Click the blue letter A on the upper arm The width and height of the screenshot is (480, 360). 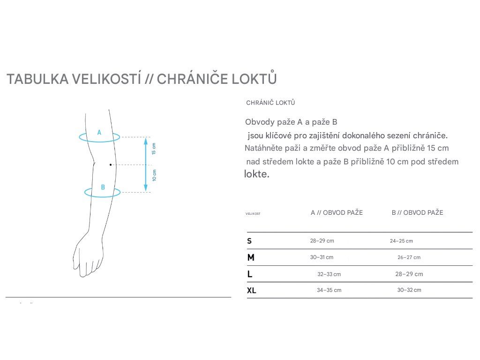(x=99, y=133)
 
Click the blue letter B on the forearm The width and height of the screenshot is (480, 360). (x=103, y=187)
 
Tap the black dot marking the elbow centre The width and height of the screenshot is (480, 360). (x=111, y=165)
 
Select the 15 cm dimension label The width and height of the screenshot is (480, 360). (x=154, y=149)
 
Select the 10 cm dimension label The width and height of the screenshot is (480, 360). (x=154, y=175)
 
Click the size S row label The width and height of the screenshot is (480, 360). (x=249, y=241)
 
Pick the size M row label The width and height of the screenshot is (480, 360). (x=251, y=258)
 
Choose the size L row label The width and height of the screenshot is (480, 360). (x=250, y=274)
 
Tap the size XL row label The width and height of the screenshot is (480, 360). (x=252, y=291)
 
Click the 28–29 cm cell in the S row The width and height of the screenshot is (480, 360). (x=322, y=241)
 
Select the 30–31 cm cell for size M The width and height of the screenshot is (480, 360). (x=322, y=257)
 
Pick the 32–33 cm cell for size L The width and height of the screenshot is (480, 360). (x=329, y=274)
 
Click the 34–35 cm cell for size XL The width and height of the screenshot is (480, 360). (x=329, y=290)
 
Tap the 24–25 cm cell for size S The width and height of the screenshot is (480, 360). (x=401, y=241)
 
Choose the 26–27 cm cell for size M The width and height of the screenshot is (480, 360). (x=409, y=257)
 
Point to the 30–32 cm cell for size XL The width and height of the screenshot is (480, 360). (x=409, y=290)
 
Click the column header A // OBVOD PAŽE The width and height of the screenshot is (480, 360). (x=337, y=213)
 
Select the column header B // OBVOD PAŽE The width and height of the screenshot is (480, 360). (x=417, y=213)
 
